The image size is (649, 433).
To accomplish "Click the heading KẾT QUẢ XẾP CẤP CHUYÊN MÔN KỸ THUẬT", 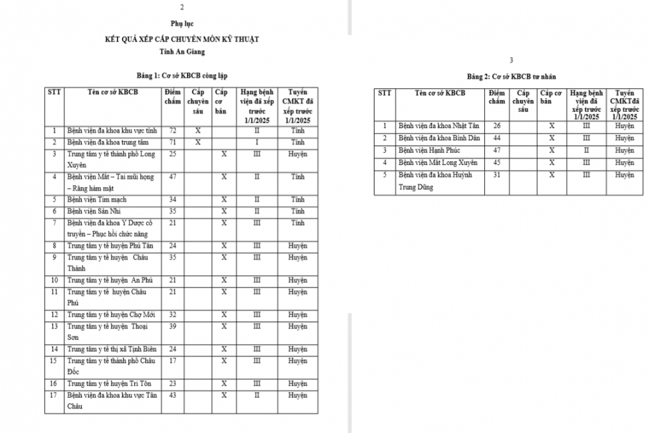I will (182, 39).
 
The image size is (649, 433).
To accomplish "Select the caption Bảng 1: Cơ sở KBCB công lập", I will (182, 75).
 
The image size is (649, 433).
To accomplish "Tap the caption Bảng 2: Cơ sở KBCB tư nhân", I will (511, 77).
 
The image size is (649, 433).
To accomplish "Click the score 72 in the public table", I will (173, 130).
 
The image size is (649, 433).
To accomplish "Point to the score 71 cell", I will (173, 142).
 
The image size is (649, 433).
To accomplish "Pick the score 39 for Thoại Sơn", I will (173, 326).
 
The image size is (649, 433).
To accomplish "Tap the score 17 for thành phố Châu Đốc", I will (173, 360).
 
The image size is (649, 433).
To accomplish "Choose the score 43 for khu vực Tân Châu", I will (173, 395).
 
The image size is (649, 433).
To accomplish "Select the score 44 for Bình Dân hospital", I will (497, 138).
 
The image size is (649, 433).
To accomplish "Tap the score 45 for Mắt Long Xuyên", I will (497, 162).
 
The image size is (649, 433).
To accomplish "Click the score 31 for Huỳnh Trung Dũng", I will (497, 175).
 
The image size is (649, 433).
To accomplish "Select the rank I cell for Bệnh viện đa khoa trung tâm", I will (257, 142).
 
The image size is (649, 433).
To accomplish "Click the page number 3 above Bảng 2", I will (511, 60).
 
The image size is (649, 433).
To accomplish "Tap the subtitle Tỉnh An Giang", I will (182, 51).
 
